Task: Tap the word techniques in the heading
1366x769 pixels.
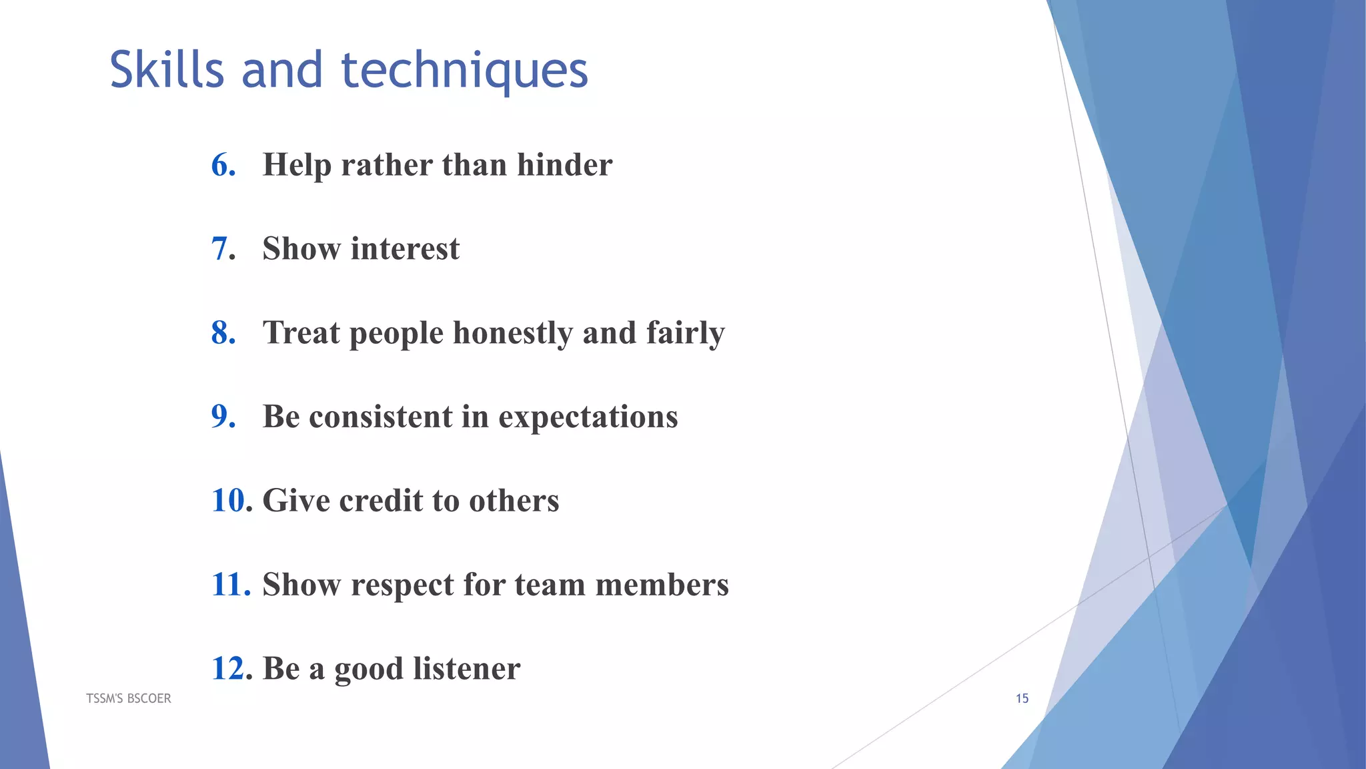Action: point(465,71)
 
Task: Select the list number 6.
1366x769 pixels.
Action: point(223,165)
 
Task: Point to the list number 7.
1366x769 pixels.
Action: point(223,249)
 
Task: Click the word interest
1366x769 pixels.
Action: point(405,249)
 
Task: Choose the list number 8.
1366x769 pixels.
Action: point(223,332)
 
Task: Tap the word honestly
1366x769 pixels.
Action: point(512,334)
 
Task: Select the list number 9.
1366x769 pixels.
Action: point(223,417)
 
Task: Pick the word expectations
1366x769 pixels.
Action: point(588,418)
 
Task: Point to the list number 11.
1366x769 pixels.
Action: point(229,585)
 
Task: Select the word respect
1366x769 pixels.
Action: point(402,586)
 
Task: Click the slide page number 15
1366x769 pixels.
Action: point(1022,698)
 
